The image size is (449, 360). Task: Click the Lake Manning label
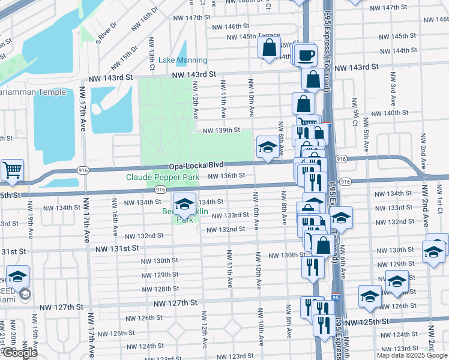pyautogui.click(x=183, y=61)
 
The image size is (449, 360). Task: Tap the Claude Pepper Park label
pyautogui.click(x=162, y=178)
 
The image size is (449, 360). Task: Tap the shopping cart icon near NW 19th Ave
pyautogui.click(x=12, y=170)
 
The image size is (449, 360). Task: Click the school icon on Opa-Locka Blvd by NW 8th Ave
pyautogui.click(x=267, y=147)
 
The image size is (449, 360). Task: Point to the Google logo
pyautogui.click(x=19, y=353)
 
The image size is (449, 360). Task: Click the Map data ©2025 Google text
pyautogui.click(x=412, y=355)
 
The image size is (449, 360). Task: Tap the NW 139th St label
pyautogui.click(x=221, y=130)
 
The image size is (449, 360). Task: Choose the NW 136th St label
pyautogui.click(x=226, y=176)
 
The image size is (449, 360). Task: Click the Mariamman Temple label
pyautogui.click(x=33, y=92)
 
